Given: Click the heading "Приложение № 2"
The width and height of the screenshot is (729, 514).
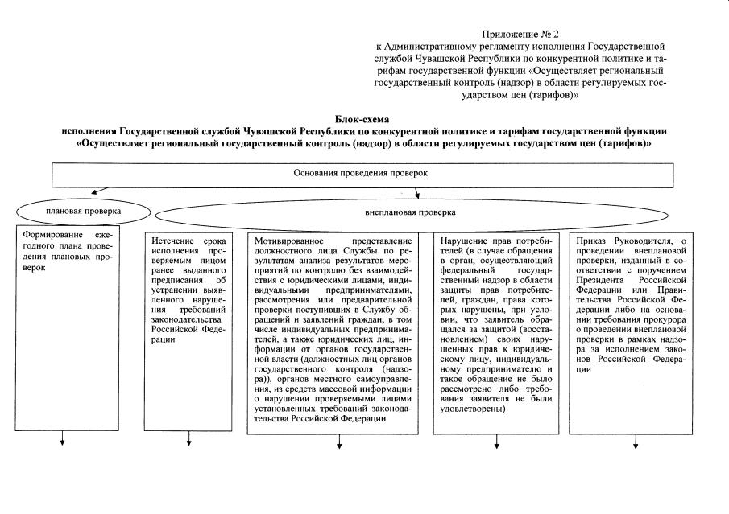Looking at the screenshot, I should (x=520, y=34).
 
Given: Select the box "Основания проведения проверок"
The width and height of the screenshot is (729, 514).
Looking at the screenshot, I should (x=371, y=174).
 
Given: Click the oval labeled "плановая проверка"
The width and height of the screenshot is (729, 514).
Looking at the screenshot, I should (x=84, y=211).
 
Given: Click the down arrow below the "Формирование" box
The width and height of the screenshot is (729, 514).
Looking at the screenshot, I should (x=61, y=443).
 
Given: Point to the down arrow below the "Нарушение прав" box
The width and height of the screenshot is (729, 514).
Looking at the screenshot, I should (x=493, y=443).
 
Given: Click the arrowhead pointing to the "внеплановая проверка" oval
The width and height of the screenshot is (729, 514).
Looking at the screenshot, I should (x=416, y=195).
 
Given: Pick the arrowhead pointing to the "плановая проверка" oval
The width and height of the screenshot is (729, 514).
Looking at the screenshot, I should (x=93, y=192).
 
